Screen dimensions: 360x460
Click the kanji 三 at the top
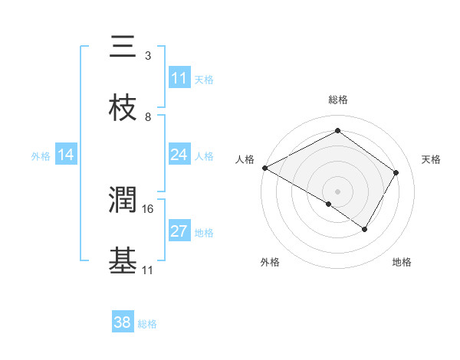[123, 47]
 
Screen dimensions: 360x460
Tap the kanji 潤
[123, 201]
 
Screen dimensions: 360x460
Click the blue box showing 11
[179, 78]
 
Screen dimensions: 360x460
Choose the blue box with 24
[179, 155]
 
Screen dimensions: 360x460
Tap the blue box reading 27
[179, 231]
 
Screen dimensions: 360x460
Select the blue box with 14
[66, 155]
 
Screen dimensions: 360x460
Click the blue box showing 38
[123, 322]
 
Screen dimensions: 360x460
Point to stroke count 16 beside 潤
[148, 208]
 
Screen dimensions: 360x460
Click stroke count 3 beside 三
[148, 56]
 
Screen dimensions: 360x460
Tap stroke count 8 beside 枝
[148, 117]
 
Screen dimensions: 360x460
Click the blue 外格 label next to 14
[41, 155]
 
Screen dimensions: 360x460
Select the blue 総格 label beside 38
[148, 323]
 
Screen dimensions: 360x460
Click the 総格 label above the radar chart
[338, 100]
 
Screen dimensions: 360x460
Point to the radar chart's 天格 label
[431, 159]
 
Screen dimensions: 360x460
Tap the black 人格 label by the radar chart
[245, 159]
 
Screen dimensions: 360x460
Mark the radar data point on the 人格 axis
[264, 168]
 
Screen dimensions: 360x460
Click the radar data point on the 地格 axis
[365, 229]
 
